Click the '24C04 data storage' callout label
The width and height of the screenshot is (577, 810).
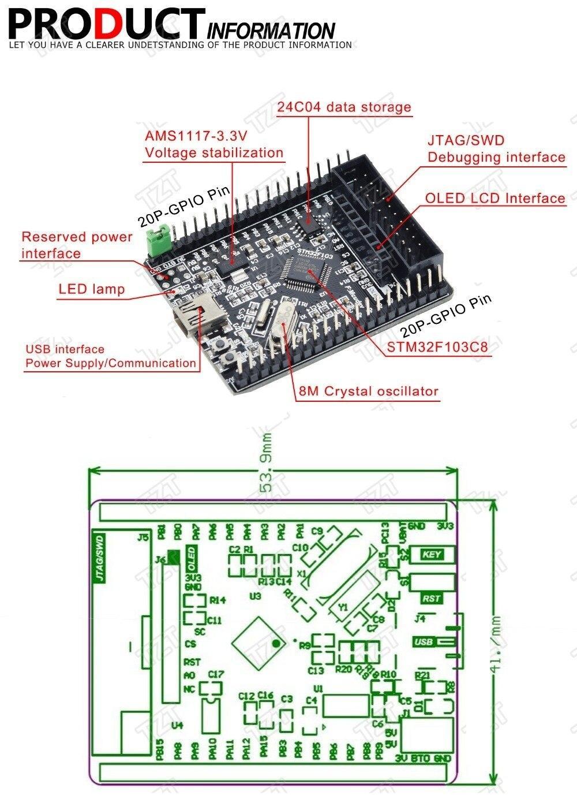pos(344,107)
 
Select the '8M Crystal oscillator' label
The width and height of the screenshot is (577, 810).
pos(368,391)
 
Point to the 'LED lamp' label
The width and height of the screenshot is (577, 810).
pos(91,289)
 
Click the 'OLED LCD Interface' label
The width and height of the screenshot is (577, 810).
pos(495,198)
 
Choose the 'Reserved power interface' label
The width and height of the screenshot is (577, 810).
pos(77,245)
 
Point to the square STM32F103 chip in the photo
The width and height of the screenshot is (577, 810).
pos(304,271)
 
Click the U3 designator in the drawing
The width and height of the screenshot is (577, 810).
pos(255,595)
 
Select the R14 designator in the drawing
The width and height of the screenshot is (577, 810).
pos(218,600)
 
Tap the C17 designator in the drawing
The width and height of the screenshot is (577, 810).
pos(216,674)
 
